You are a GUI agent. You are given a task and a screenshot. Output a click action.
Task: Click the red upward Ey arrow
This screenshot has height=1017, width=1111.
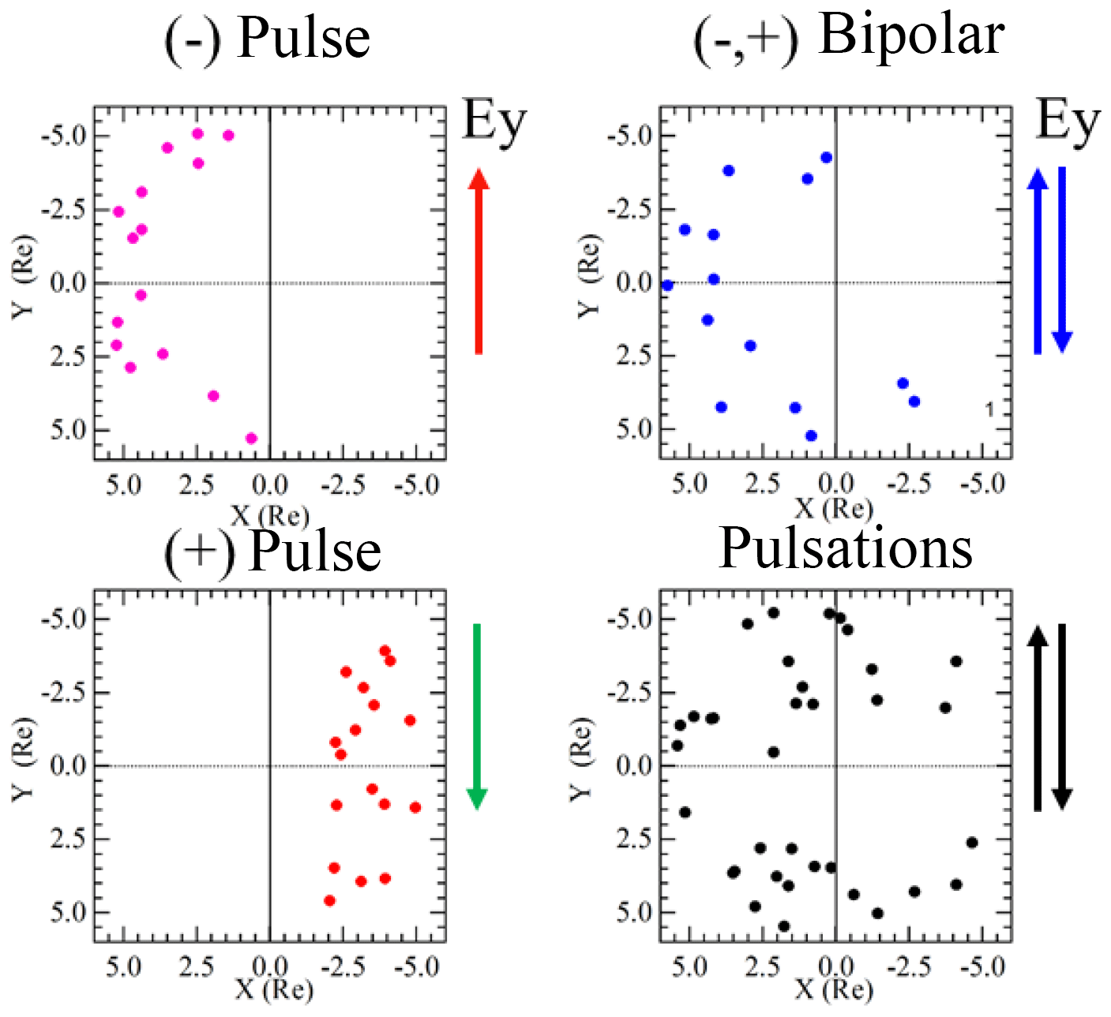pos(479,260)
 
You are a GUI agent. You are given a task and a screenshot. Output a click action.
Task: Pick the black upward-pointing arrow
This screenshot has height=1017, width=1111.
pos(1038,718)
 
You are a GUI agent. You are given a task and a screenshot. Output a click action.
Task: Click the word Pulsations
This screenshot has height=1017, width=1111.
pos(845,548)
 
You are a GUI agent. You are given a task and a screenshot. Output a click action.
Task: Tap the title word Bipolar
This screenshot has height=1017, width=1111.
pos(911,36)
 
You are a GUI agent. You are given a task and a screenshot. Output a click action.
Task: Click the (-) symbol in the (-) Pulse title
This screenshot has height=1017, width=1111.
pos(192,39)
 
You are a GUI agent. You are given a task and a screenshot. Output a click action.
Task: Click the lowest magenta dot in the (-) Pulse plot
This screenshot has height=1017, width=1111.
pos(252,439)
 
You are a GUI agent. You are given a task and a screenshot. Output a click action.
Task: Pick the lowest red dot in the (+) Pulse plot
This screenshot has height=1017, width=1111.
pos(329,900)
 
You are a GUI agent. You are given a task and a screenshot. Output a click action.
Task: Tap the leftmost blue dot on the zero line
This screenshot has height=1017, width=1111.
pos(667,286)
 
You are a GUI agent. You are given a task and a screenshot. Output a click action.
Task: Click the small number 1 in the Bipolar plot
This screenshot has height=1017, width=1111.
pos(989,409)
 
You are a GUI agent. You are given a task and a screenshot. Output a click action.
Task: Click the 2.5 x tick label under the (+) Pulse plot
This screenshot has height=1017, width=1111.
pos(197,967)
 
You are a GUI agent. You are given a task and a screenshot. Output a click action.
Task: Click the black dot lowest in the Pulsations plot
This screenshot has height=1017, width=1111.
pos(783,926)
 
